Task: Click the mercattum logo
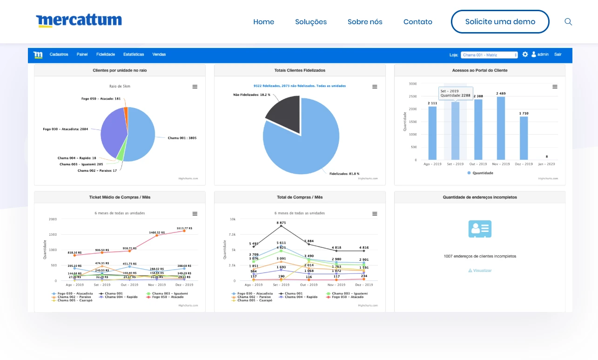pos(79,20)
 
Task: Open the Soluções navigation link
pos(311,22)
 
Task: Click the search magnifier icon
pos(568,22)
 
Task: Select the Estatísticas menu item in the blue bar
pos(134,54)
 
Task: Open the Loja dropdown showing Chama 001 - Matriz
pos(489,55)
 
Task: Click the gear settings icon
pos(525,54)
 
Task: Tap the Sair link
pos(558,54)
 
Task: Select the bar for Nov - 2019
pos(501,128)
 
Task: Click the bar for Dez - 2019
pos(524,138)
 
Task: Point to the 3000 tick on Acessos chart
pos(413,84)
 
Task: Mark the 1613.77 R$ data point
pos(184,231)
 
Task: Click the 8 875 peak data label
pos(281,223)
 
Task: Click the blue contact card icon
pos(480,229)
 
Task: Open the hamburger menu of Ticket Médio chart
pos(195,214)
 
